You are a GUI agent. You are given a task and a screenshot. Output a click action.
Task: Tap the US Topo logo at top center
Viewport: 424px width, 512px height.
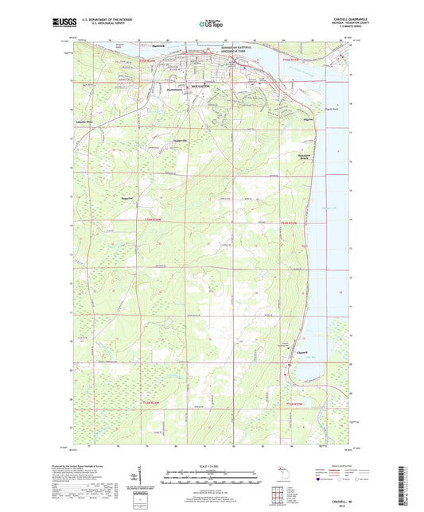(212, 25)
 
